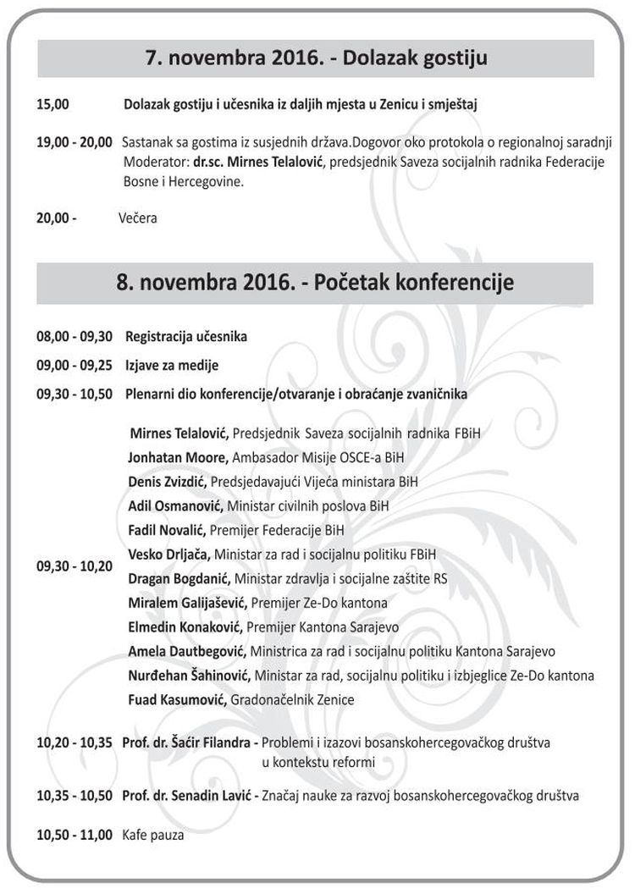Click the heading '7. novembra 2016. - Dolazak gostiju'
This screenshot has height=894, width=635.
[x=315, y=59]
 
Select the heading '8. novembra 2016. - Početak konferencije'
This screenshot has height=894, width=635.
[x=315, y=282]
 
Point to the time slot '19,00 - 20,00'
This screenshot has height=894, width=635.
[x=74, y=142]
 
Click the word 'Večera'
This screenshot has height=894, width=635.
[x=138, y=218]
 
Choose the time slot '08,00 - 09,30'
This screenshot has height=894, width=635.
[x=74, y=337]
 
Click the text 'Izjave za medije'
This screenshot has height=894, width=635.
[x=172, y=366]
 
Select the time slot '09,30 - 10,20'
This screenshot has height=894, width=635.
[x=74, y=566]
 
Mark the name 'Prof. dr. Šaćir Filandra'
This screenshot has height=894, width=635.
[x=187, y=743]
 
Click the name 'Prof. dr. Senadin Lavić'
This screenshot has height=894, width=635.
[x=186, y=797]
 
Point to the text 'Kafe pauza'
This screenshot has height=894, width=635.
[x=153, y=835]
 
